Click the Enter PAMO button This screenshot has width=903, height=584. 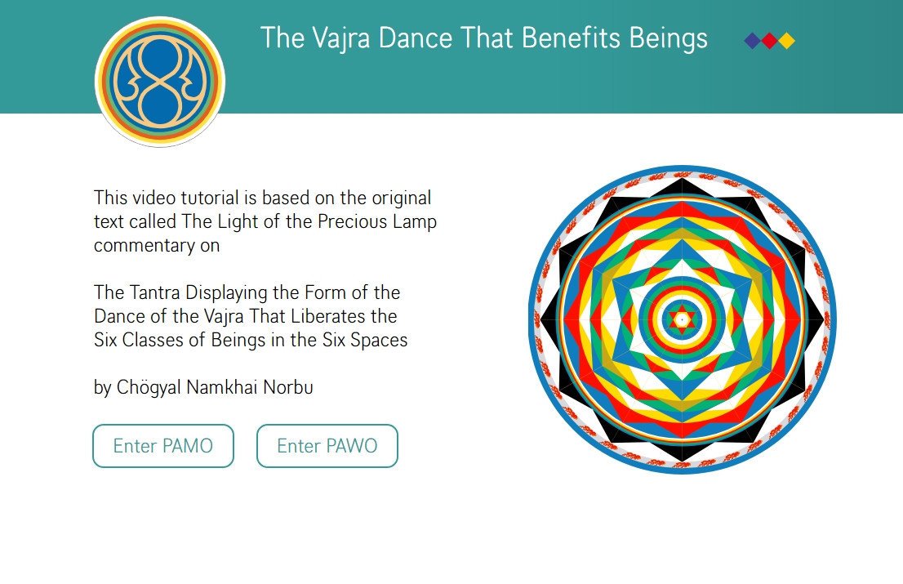(x=163, y=446)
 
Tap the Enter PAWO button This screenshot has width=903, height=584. (x=327, y=446)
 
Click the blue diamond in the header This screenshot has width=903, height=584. (x=752, y=41)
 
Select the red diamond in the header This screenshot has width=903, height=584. (x=769, y=41)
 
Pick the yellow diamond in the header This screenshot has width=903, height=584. (x=787, y=41)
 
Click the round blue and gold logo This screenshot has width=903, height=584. (x=160, y=82)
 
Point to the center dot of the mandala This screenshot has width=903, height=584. (x=683, y=319)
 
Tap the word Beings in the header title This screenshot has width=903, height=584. (x=668, y=38)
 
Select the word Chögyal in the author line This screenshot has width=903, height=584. (x=149, y=388)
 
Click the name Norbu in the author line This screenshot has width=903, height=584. (x=288, y=387)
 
